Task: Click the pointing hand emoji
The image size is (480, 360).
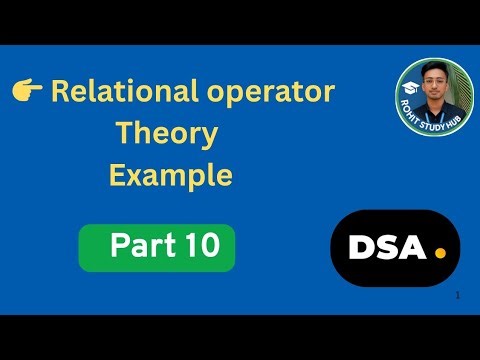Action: (x=27, y=93)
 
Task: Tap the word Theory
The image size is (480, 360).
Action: (x=166, y=133)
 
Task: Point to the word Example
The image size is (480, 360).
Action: (x=170, y=176)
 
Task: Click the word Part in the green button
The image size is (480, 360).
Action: (x=138, y=247)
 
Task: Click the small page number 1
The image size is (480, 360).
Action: (x=457, y=296)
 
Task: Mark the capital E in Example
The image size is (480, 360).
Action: (x=117, y=176)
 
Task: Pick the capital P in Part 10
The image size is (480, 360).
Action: (x=120, y=247)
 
